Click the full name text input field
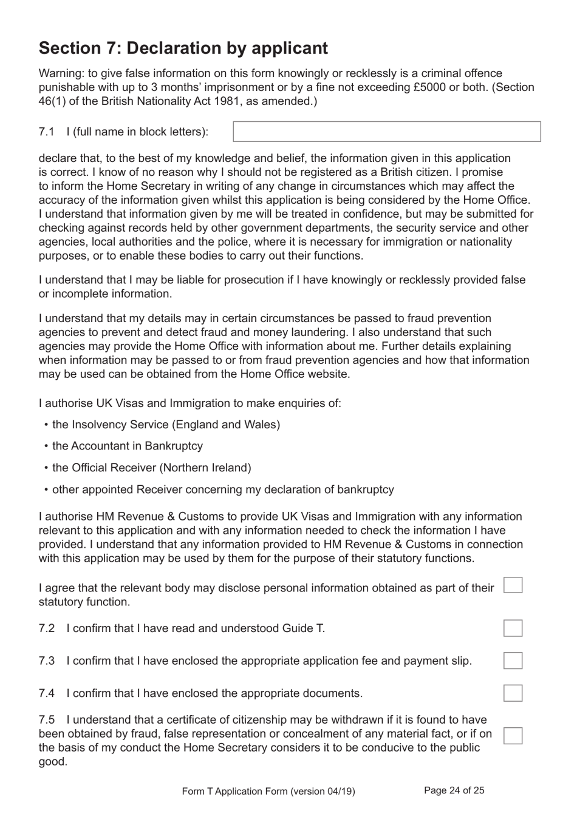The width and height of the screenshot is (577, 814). [x=386, y=132]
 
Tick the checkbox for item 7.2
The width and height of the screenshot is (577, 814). [x=513, y=628]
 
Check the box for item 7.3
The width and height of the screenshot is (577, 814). [x=513, y=661]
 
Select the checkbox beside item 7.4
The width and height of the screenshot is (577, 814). [x=513, y=693]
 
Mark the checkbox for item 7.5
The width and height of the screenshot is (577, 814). [x=513, y=735]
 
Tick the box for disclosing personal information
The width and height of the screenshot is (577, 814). [x=513, y=585]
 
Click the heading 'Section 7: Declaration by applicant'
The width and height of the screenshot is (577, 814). [x=183, y=48]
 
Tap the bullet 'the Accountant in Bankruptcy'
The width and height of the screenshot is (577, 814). [x=127, y=446]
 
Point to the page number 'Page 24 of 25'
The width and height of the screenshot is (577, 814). [x=454, y=790]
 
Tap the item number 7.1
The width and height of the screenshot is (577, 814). [x=47, y=132]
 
